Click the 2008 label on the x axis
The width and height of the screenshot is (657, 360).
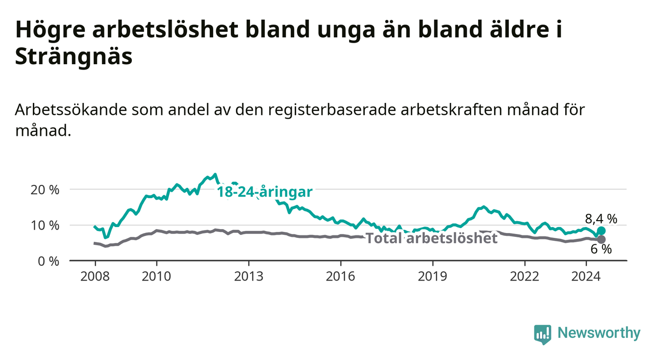coord(95,277)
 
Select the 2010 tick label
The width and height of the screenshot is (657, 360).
coord(156,277)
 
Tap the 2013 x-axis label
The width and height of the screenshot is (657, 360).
coord(249,277)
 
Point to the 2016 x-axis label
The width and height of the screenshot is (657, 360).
coord(341,277)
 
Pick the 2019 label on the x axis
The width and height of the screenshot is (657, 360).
coord(432,277)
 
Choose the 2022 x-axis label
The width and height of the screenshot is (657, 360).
coord(525,277)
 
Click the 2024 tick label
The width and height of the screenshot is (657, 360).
coord(586,277)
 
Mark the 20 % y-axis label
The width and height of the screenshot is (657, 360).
coord(45,190)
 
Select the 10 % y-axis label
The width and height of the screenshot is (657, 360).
coord(45,226)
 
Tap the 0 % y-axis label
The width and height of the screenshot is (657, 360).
coord(49,261)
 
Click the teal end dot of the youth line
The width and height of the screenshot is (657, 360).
coord(601,231)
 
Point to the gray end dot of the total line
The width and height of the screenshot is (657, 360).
coord(601,239)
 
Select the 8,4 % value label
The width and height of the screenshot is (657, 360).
coord(601,219)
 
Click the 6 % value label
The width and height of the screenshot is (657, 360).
coord(601,249)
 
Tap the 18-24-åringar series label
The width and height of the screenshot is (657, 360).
coord(265,192)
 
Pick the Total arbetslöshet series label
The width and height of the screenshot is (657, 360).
coord(432,238)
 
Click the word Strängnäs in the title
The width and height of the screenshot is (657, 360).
coord(74,56)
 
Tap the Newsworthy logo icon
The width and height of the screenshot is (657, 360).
coord(543,334)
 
